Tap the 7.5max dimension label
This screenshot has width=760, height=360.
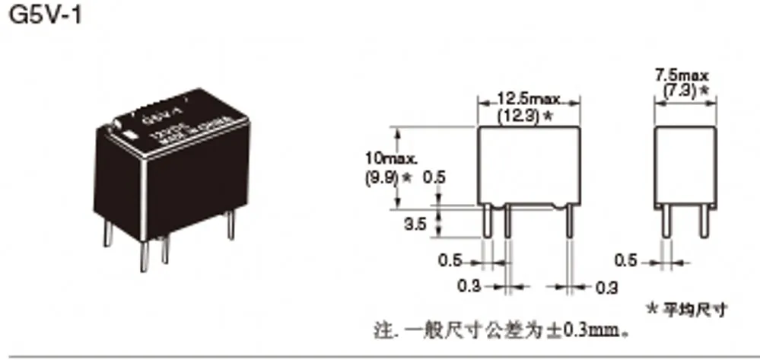[x=682, y=75]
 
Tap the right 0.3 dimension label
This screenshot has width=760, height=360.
[x=606, y=288]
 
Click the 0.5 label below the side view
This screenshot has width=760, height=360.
[x=625, y=261]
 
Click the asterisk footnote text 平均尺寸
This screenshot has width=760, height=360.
[x=693, y=310]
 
